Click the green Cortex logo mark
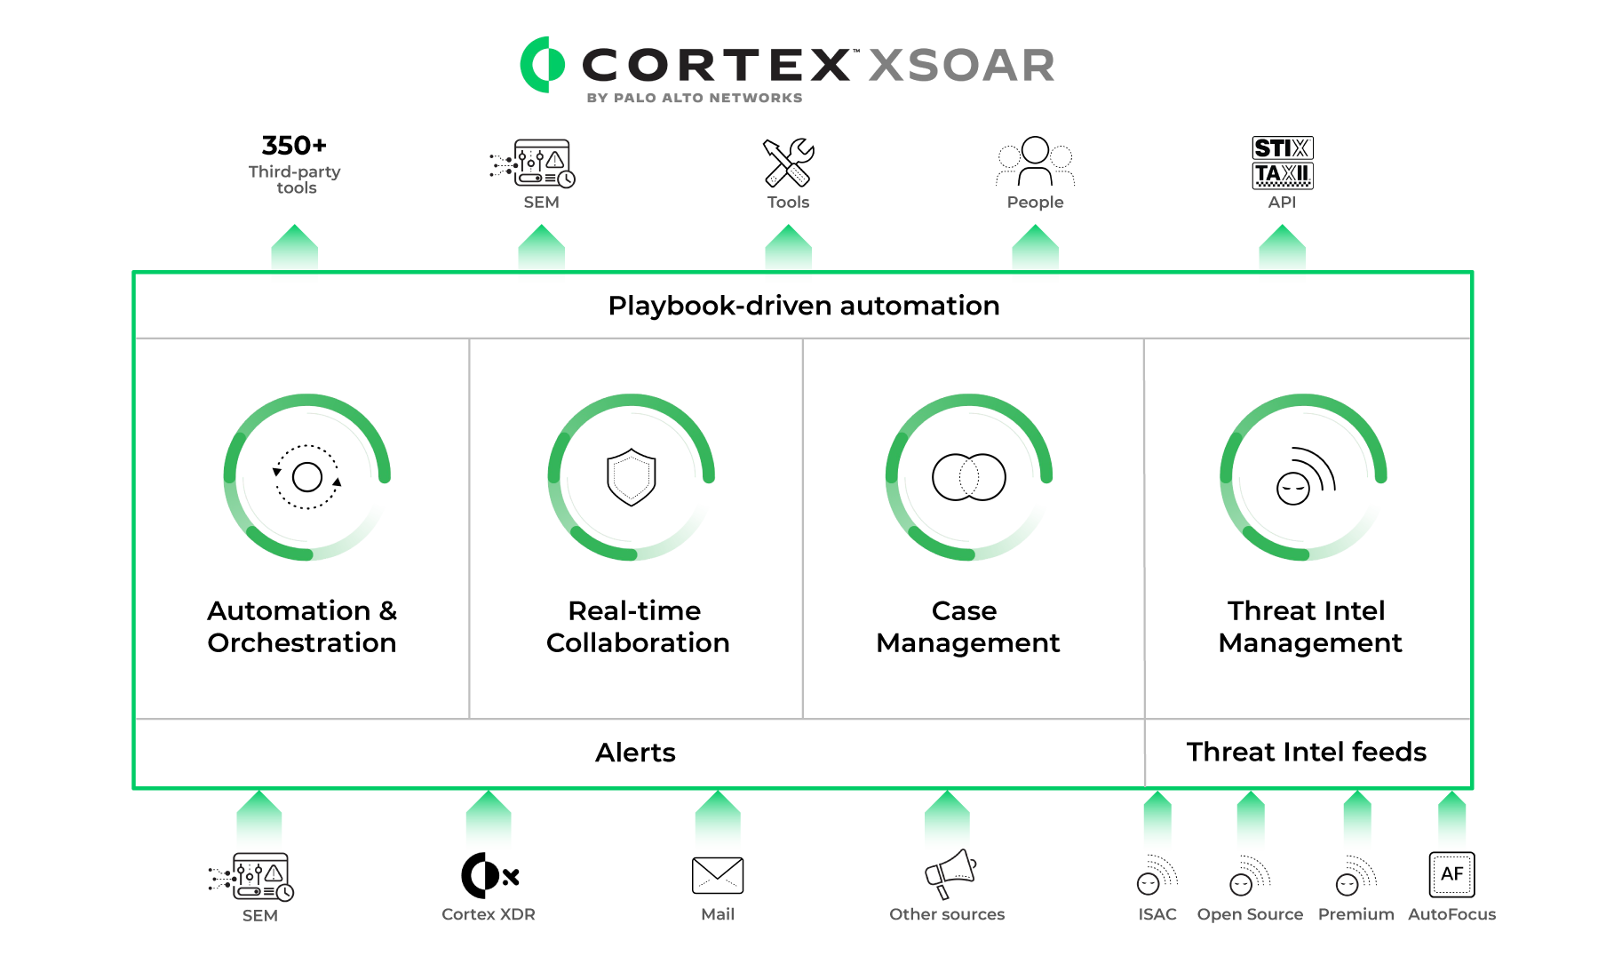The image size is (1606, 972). click(542, 65)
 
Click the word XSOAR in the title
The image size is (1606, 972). click(961, 66)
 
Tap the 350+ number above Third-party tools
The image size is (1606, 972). click(294, 145)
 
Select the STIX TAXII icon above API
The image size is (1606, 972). click(1282, 163)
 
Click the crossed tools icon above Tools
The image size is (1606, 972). click(788, 162)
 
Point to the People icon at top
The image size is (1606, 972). click(1035, 161)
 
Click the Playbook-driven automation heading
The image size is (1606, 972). click(804, 306)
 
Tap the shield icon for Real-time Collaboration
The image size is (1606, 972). click(631, 477)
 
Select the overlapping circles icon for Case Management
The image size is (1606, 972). click(968, 477)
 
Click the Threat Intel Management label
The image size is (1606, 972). click(1309, 626)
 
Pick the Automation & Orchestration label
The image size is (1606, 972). click(302, 626)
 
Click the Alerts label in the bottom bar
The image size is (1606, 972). click(635, 753)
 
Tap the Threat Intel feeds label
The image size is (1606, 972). click(1306, 752)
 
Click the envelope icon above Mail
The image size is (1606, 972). click(718, 875)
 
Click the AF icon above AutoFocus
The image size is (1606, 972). click(1451, 874)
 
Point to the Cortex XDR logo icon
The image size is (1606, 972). click(489, 875)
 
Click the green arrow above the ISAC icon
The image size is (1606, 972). click(1157, 816)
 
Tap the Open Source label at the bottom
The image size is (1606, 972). click(1250, 914)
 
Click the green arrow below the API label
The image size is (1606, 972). click(1282, 247)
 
